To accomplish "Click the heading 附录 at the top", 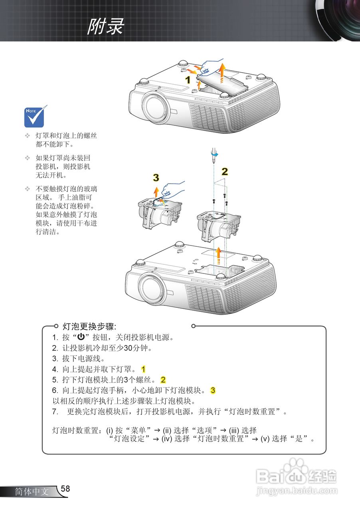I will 106,27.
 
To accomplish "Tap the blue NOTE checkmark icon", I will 36,116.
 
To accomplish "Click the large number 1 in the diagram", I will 187,79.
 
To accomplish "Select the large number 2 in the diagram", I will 225,172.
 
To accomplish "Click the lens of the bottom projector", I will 153,289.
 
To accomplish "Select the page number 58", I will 65,489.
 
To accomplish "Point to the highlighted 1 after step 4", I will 144,369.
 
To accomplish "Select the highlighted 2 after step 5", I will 163,380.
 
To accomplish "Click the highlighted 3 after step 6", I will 213,390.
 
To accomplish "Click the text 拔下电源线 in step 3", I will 78,358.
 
